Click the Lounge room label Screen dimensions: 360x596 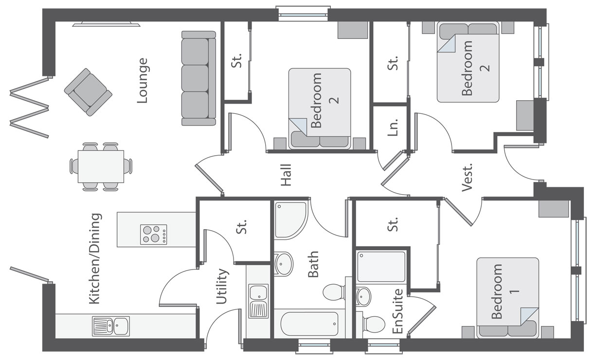coord(142,81)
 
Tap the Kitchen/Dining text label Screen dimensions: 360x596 coord(95,259)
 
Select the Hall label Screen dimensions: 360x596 coord(286,175)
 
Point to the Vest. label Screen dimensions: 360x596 coord(467,178)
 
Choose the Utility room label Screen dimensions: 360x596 coord(221,287)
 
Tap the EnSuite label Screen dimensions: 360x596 coord(397,311)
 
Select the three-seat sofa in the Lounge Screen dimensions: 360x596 coord(199,78)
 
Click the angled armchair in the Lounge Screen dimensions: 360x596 coord(88,92)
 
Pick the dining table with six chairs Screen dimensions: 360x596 coord(101,166)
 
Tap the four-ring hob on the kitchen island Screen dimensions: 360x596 coord(153,234)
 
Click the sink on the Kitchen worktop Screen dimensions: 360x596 coord(111,326)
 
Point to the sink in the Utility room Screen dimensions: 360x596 coord(258,302)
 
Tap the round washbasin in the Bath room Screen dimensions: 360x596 coord(284,264)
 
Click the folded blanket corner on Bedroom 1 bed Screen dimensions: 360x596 coord(529,316)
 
